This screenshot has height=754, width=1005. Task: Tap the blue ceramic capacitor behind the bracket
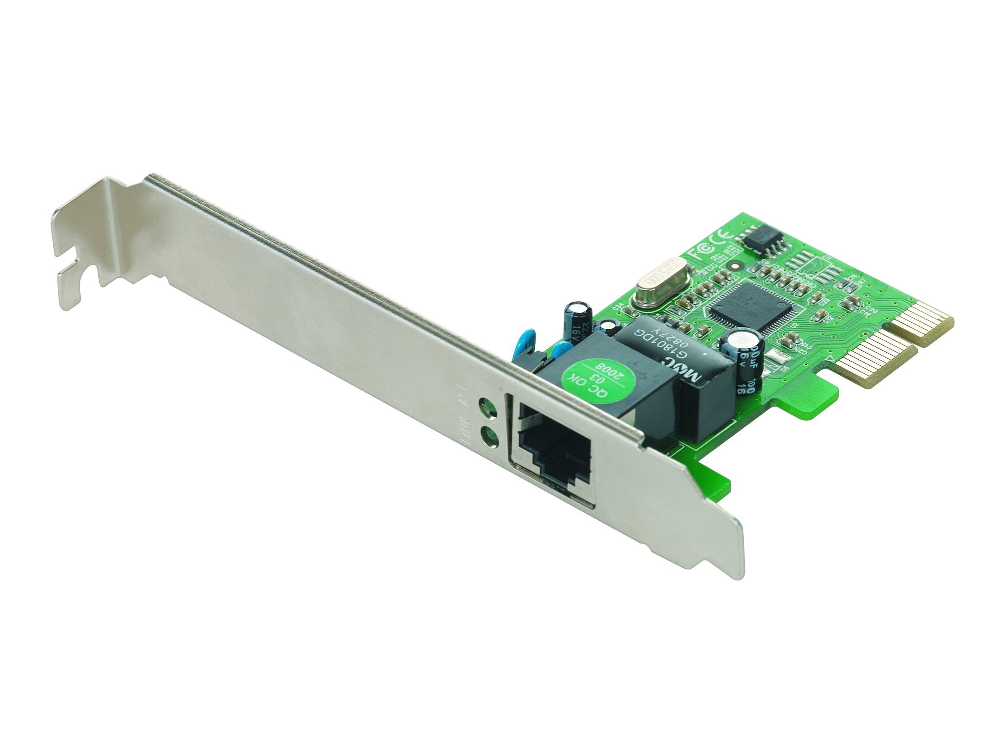click(x=525, y=341)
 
